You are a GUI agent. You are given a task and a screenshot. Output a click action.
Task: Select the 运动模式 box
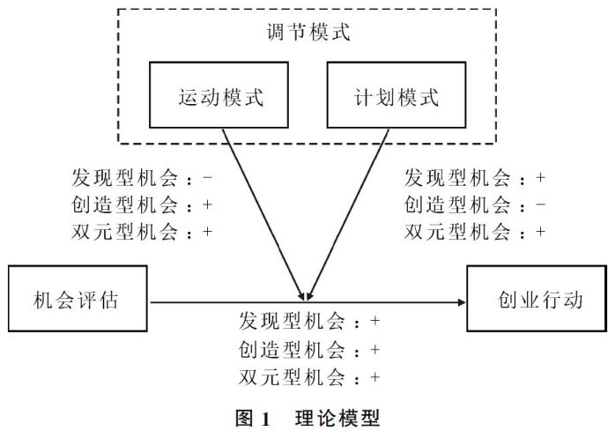[221, 97]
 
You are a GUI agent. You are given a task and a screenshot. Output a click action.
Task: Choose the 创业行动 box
[537, 301]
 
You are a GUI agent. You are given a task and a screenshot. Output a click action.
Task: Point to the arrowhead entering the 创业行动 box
[462, 301]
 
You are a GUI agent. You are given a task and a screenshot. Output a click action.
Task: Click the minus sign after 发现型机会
[208, 177]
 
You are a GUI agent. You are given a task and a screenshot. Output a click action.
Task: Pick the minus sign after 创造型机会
[540, 204]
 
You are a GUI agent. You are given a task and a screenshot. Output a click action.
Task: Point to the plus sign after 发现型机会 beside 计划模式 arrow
[540, 177]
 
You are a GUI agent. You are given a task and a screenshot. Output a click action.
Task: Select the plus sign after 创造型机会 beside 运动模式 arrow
[208, 204]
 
